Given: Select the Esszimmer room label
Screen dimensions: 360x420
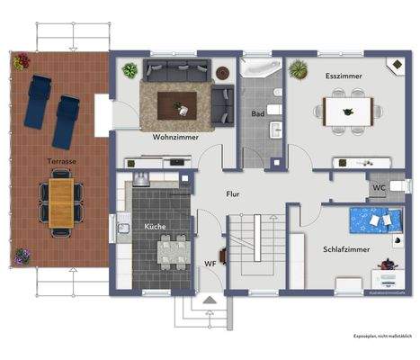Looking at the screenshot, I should [x=344, y=76].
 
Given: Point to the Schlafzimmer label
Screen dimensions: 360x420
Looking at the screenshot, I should [x=344, y=248].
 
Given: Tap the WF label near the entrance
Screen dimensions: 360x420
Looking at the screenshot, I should [x=209, y=263].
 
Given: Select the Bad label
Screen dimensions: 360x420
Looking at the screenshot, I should [x=258, y=114].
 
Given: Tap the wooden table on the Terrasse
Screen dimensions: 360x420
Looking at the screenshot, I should [x=61, y=202].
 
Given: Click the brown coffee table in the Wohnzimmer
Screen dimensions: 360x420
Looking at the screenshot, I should [x=177, y=104].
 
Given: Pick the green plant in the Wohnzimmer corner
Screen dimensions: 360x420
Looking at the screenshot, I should [x=130, y=69].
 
